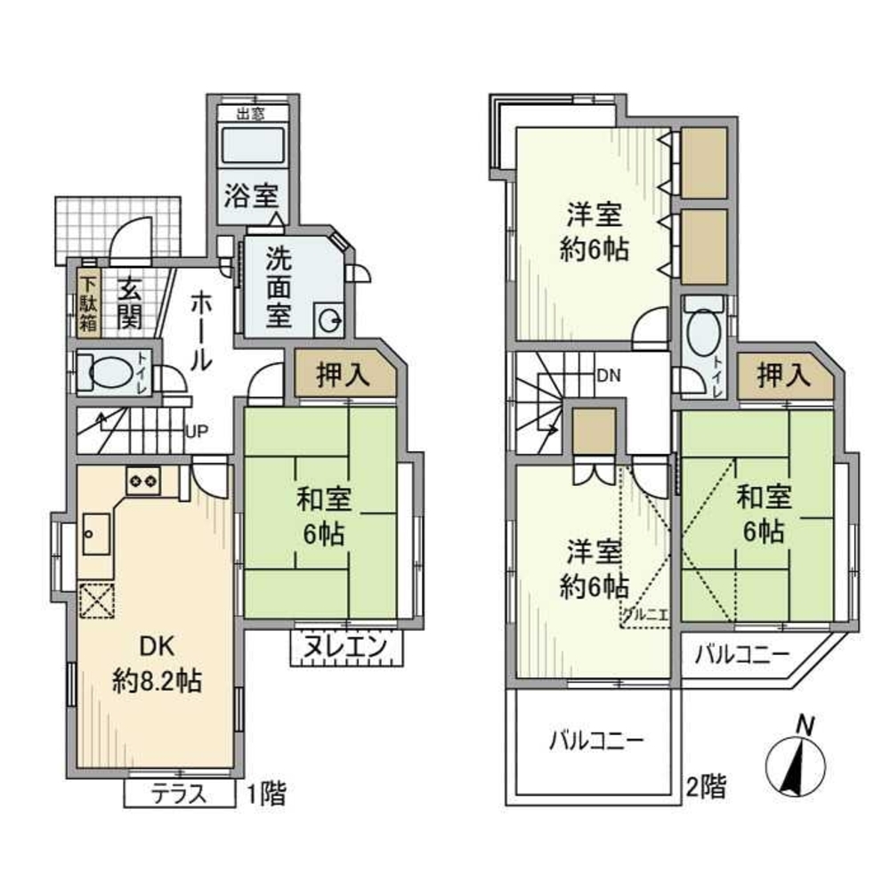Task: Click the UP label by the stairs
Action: pyautogui.click(x=196, y=433)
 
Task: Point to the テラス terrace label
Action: pyautogui.click(x=178, y=793)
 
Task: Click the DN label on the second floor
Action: pyautogui.click(x=608, y=376)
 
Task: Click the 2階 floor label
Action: pyautogui.click(x=705, y=787)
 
